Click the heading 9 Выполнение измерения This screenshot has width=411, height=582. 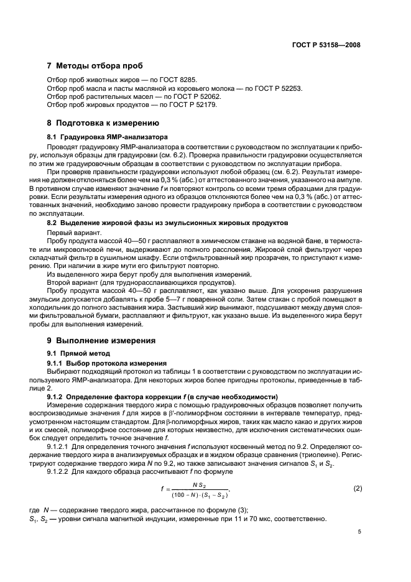[x=102, y=341]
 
